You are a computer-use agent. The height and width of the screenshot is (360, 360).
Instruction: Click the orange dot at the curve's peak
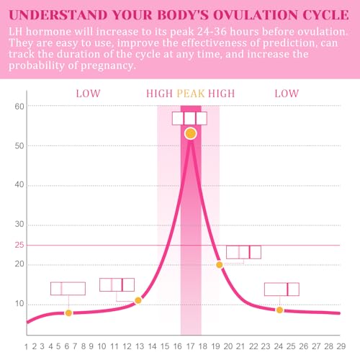pos(190,133)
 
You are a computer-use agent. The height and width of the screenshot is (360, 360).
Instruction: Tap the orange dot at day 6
pos(68,312)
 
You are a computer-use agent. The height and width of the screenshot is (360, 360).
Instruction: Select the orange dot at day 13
pos(138,300)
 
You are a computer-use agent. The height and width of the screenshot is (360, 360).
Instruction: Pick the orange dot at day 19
pos(220,265)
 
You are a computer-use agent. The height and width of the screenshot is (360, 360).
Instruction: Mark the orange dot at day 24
pos(279,310)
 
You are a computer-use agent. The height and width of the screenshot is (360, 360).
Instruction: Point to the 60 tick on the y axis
pos(20,107)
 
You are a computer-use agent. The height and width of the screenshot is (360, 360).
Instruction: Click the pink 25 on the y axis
pos(20,246)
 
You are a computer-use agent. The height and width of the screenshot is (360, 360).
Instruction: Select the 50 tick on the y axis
pos(20,145)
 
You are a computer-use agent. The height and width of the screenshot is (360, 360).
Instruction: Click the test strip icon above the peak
pos(189,118)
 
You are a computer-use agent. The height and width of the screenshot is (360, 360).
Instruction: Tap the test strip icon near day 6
pos(68,289)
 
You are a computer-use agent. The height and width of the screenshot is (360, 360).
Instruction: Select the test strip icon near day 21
pos(243,252)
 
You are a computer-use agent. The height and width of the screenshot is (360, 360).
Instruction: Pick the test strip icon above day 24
pos(282,289)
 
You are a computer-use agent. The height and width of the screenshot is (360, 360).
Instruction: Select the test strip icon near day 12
pos(117,284)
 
